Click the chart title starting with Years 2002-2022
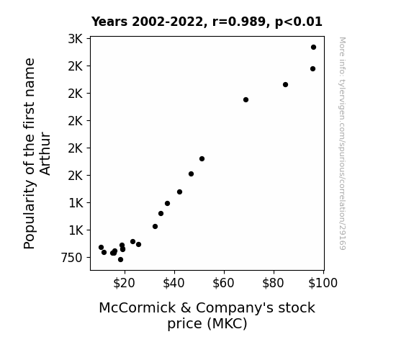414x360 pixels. tap(207, 22)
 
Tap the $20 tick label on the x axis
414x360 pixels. tap(124, 283)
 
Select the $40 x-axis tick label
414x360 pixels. tap(174, 283)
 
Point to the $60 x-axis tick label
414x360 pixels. tap(223, 283)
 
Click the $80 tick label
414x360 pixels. tap(273, 283)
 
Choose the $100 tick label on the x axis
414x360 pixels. tap(323, 283)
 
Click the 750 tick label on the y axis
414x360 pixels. tap(72, 258)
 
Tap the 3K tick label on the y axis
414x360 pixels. tap(76, 39)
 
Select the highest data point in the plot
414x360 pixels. tap(313, 48)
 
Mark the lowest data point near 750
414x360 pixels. tap(121, 260)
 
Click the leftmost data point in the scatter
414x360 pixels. tap(101, 247)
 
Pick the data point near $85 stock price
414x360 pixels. tap(285, 84)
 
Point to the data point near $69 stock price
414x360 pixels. tap(246, 99)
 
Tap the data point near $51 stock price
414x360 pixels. tap(202, 158)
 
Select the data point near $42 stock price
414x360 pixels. tap(179, 192)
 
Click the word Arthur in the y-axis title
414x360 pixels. tap(45, 153)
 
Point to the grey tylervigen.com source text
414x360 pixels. tap(342, 143)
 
